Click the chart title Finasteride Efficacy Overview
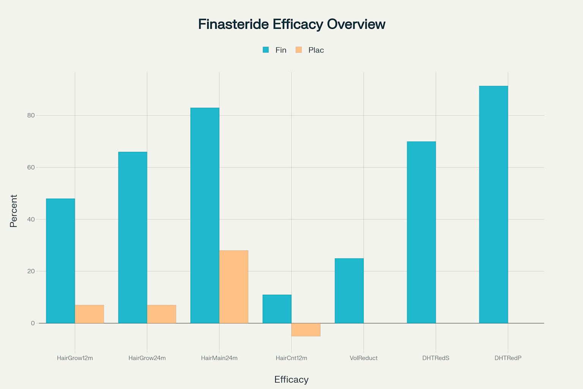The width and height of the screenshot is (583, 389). pyautogui.click(x=291, y=24)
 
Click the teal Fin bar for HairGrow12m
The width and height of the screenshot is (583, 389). pyautogui.click(x=60, y=261)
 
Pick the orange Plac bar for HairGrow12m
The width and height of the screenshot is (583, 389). pyautogui.click(x=89, y=314)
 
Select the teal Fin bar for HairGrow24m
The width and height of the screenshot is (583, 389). pyautogui.click(x=132, y=237)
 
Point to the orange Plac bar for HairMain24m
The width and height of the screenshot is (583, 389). pyautogui.click(x=234, y=287)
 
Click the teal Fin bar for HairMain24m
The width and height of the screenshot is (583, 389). pyautogui.click(x=205, y=215)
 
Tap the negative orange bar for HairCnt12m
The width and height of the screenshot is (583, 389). pyautogui.click(x=306, y=330)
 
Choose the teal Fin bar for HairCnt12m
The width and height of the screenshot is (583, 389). pyautogui.click(x=277, y=309)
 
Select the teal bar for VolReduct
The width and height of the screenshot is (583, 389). pyautogui.click(x=349, y=291)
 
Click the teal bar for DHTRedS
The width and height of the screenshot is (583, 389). pyautogui.click(x=421, y=232)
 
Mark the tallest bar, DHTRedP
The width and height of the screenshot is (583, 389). pyautogui.click(x=493, y=204)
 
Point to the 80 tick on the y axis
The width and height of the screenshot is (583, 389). pyautogui.click(x=31, y=115)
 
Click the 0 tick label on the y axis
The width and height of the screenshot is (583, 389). pyautogui.click(x=33, y=323)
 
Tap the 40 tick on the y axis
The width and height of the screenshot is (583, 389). pyautogui.click(x=31, y=220)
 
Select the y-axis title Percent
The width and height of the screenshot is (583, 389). pyautogui.click(x=14, y=211)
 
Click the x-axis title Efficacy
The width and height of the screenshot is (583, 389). pyautogui.click(x=291, y=380)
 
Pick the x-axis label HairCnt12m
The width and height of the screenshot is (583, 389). pyautogui.click(x=291, y=358)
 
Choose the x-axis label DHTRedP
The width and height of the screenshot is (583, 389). pyautogui.click(x=508, y=358)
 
